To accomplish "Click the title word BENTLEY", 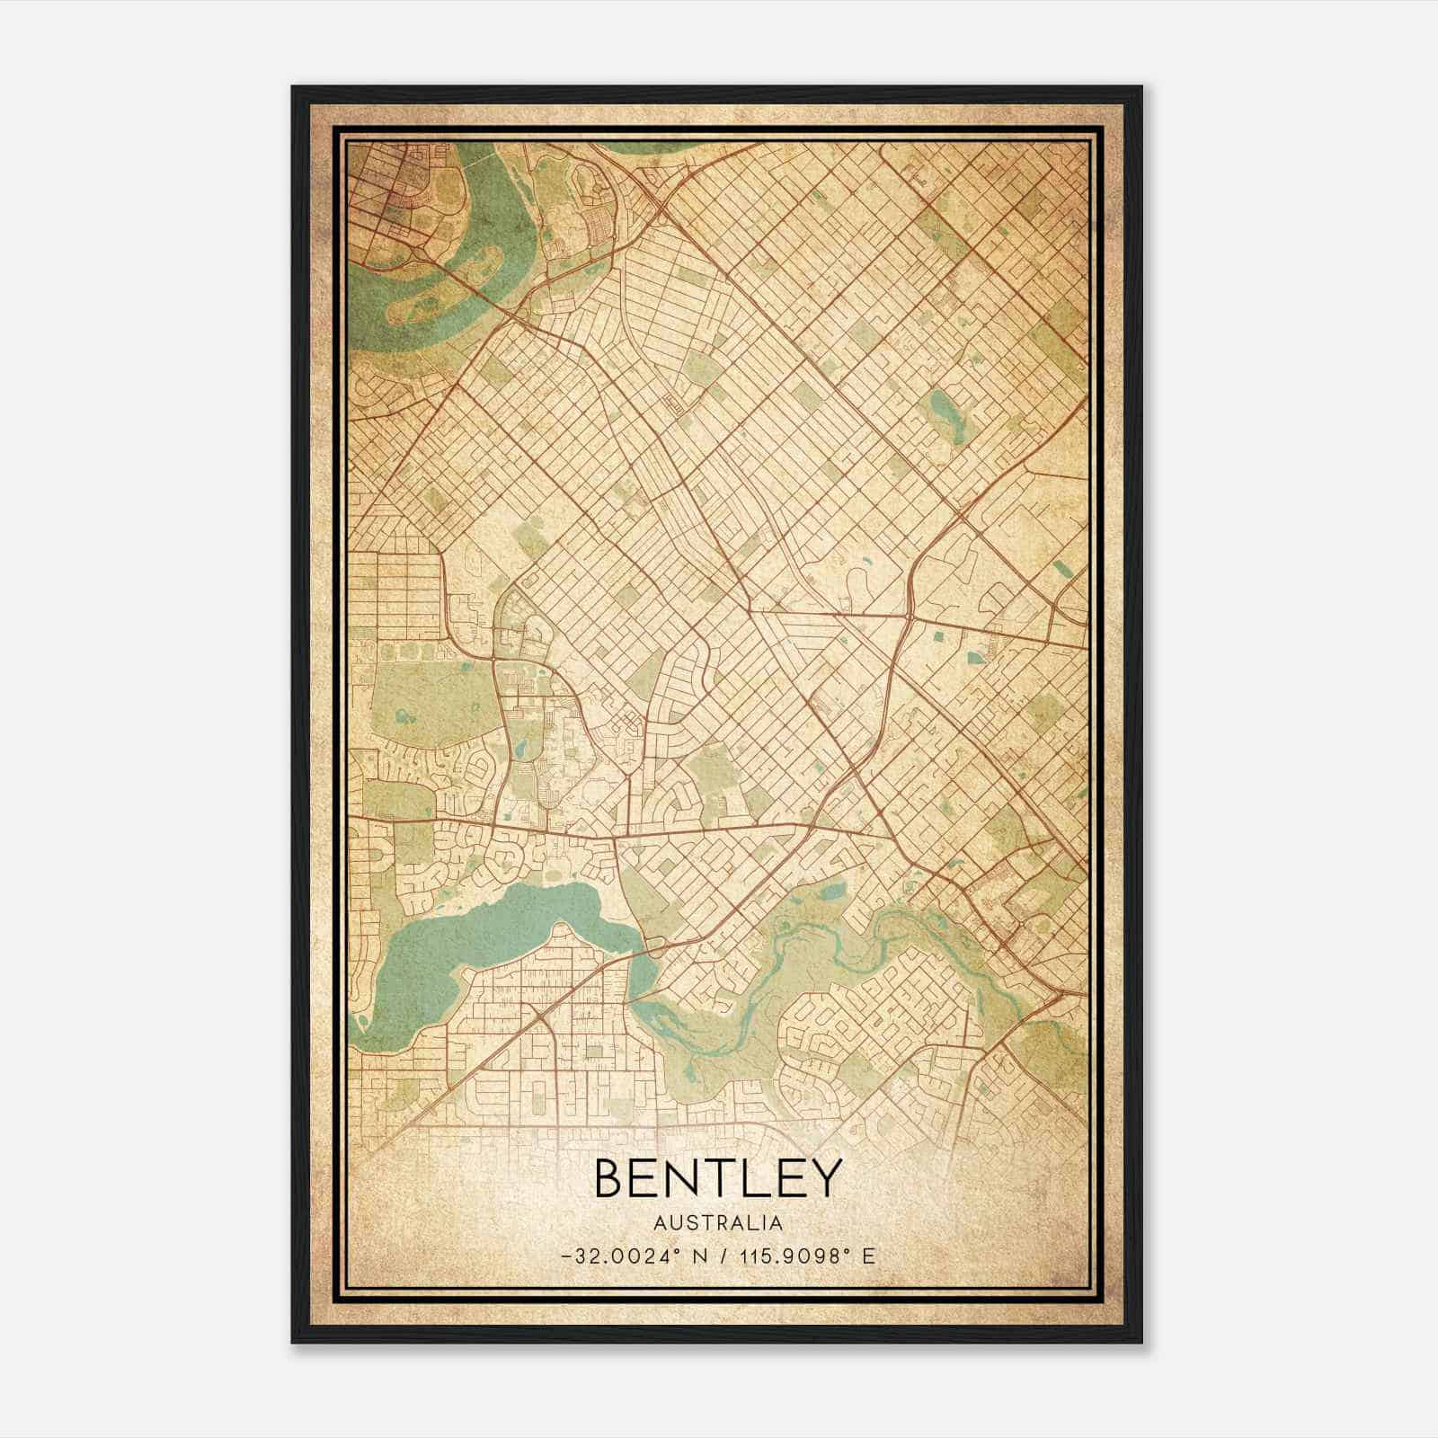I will click(718, 1177).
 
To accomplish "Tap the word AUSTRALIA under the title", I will click(718, 1223).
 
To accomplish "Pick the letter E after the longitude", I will click(868, 1256).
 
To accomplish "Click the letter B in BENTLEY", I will click(609, 1177).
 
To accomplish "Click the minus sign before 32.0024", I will click(564, 1256).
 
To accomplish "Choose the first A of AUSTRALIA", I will click(661, 1223).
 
